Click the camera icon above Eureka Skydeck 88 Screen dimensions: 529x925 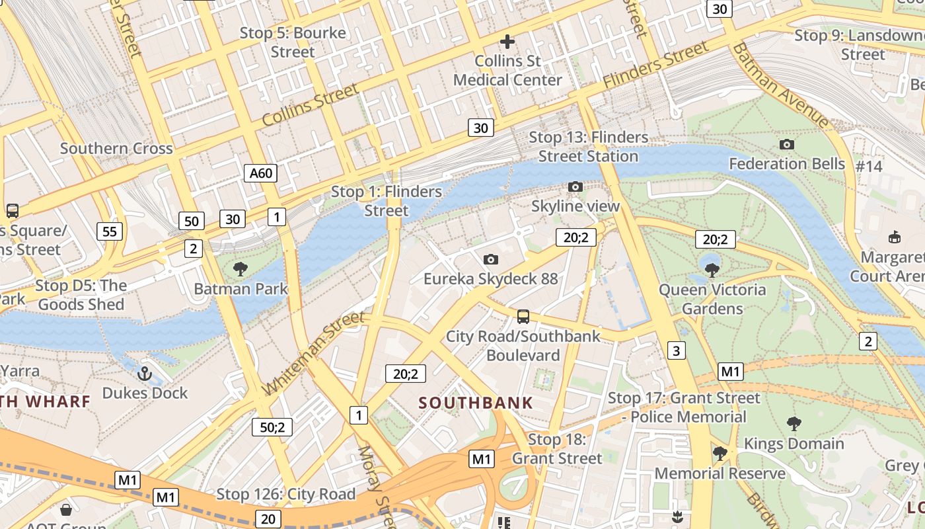(490, 259)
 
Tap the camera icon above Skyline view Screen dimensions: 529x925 (575, 187)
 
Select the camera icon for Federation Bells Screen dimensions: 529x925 (786, 144)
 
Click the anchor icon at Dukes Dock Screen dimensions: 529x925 (144, 374)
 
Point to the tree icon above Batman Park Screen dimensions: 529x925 (240, 268)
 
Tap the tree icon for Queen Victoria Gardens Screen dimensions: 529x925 (712, 270)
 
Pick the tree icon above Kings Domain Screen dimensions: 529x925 (794, 424)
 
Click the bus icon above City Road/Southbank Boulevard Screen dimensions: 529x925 (523, 317)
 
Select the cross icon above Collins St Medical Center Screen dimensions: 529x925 (507, 42)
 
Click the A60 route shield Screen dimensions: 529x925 (260, 173)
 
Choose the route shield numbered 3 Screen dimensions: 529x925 (676, 350)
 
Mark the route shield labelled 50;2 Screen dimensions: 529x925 (272, 427)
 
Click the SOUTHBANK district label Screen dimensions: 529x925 (476, 403)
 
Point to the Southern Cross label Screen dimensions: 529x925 (116, 148)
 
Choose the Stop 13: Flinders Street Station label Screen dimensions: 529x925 (588, 147)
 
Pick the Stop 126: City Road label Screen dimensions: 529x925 (286, 494)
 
